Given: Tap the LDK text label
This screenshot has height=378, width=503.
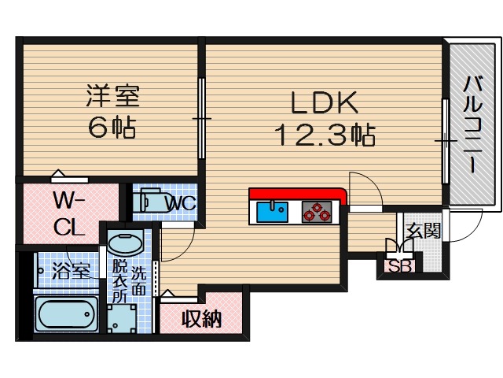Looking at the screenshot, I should click(325, 102).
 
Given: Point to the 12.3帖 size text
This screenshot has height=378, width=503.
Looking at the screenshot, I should click(324, 135).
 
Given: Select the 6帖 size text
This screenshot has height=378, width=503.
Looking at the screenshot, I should click(112, 128).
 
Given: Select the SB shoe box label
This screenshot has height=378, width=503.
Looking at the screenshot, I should click(400, 266).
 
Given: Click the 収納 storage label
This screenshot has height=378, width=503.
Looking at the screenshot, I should click(201, 319).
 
